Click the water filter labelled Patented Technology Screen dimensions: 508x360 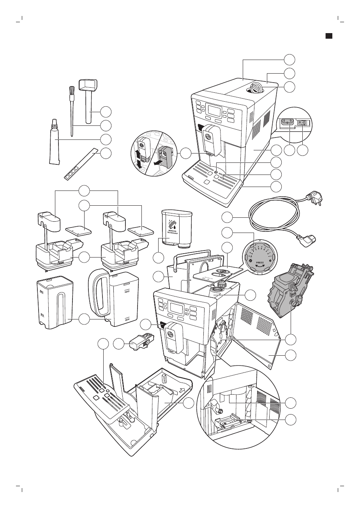click(x=177, y=228)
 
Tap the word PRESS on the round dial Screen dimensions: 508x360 click(x=260, y=263)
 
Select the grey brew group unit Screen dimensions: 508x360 click(x=289, y=288)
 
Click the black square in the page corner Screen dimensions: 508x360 click(x=329, y=35)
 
